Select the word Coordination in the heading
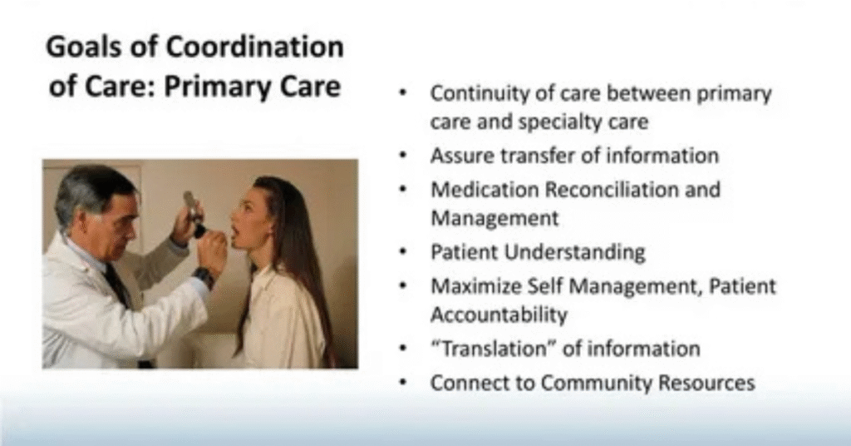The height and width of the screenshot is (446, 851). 254,47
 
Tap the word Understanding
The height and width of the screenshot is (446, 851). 575,253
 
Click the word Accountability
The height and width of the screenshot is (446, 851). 499,315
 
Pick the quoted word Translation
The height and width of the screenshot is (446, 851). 494,349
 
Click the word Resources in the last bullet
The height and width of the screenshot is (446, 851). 706,383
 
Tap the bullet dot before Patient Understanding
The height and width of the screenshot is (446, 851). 403,253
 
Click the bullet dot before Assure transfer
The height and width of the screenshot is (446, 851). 403,156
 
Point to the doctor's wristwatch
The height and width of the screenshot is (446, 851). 203,276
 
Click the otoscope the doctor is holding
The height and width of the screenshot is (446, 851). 193,214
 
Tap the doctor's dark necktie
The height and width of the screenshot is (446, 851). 116,285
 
